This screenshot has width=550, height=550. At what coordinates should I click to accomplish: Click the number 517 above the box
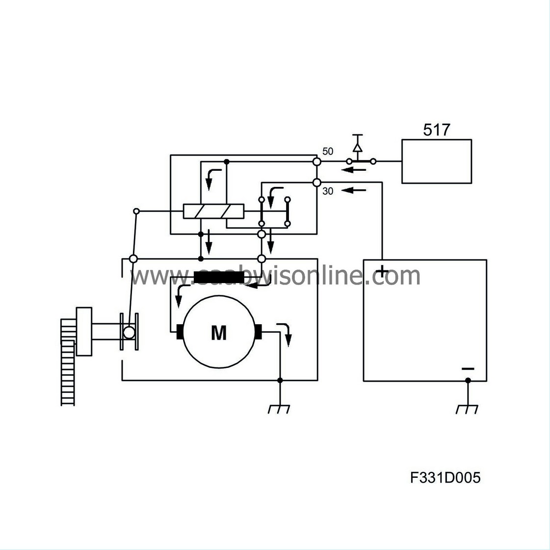coord(436,130)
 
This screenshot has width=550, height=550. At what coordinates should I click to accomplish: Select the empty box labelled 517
coord(437,161)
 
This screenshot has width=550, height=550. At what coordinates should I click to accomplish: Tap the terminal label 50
coord(327,151)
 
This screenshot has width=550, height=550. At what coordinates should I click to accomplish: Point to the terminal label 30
coord(327,191)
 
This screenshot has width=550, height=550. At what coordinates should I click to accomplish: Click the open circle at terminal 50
coord(317,161)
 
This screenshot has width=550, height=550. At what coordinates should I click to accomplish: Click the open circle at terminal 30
coord(317,183)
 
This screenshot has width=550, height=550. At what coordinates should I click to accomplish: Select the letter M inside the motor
coord(219,333)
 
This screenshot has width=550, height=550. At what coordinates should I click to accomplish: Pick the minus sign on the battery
coord(468,368)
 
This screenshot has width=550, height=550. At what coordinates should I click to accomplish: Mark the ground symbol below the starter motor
coord(279,409)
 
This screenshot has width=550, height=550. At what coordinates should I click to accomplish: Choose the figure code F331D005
coord(445,477)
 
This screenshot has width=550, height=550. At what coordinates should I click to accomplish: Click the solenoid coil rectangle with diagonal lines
coord(213,211)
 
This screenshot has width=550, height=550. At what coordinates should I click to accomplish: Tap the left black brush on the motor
coord(180,332)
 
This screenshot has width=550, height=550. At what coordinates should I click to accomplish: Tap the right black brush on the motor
coord(259,332)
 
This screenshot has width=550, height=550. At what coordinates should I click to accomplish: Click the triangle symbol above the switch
coord(358,147)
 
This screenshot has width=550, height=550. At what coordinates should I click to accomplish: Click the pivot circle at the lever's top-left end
coord(137,211)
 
